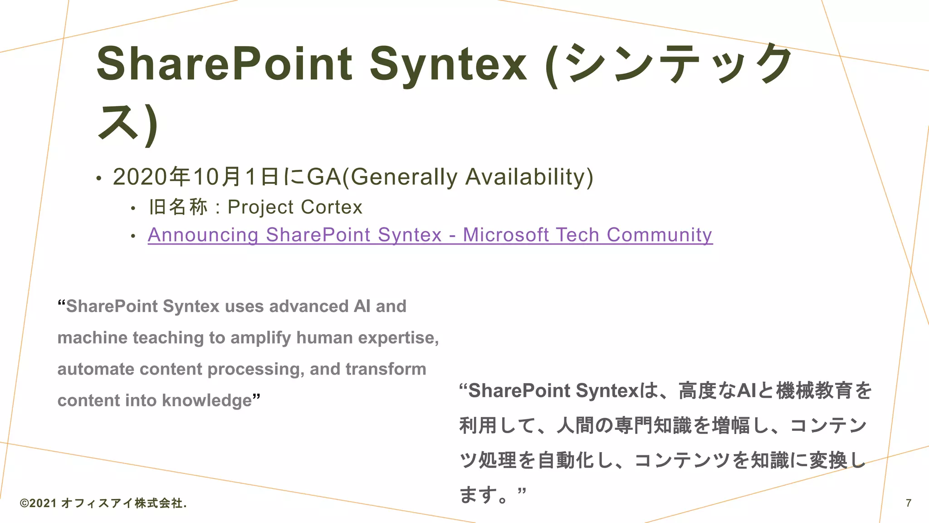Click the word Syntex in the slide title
click(448, 64)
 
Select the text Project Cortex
click(295, 207)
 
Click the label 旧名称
click(178, 207)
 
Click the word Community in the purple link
click(659, 235)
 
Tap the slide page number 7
click(909, 503)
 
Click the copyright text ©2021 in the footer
click(39, 503)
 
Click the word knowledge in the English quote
click(206, 400)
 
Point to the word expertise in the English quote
click(398, 338)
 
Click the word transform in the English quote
click(386, 369)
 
